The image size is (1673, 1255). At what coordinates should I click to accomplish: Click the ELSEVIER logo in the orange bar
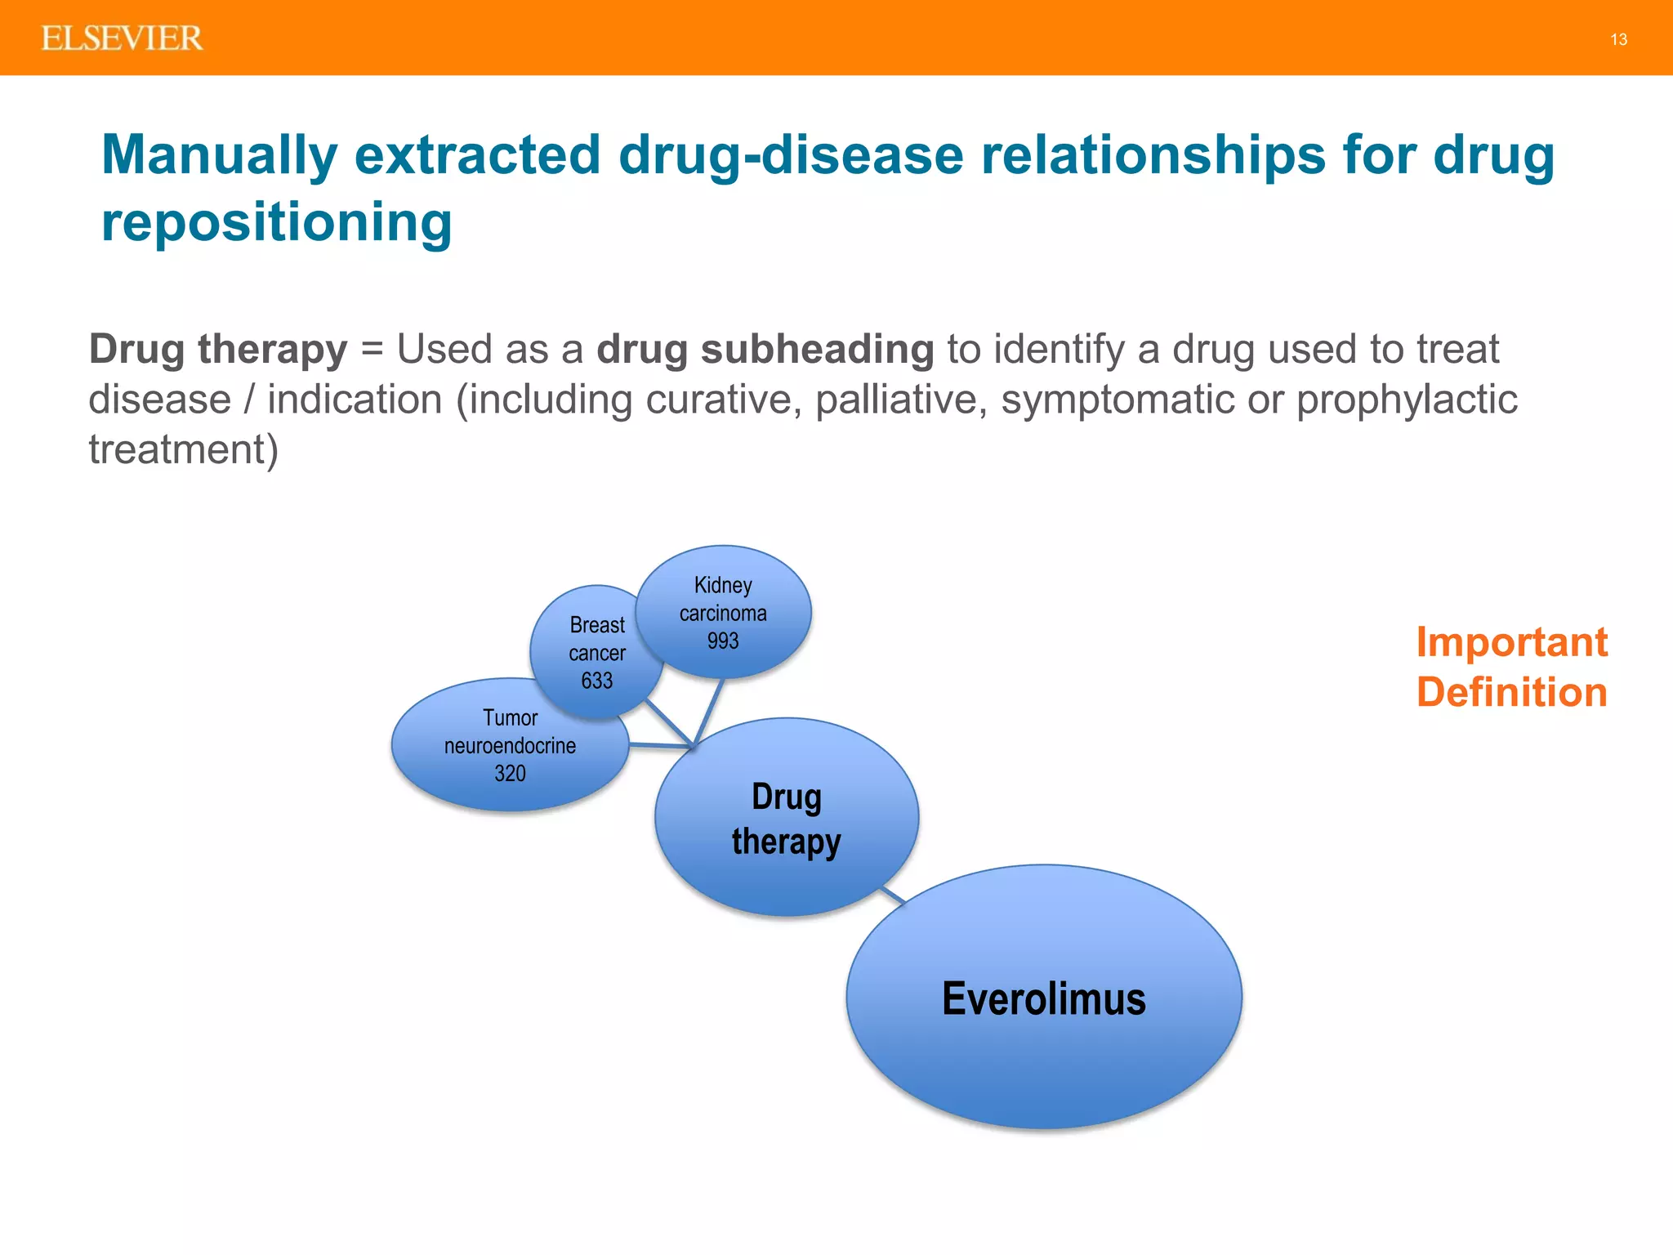[x=122, y=38]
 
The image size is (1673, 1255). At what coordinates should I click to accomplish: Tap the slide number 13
[x=1618, y=39]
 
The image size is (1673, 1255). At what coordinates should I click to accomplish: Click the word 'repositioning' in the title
[x=276, y=222]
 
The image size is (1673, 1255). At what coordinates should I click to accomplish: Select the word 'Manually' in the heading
[x=219, y=154]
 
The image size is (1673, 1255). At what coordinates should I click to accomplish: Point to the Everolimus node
[x=1043, y=998]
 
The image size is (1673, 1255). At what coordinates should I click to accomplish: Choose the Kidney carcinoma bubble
[x=723, y=601]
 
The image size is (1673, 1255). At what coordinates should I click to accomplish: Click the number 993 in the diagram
[x=723, y=641]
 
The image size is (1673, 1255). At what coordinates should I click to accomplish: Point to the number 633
[x=596, y=680]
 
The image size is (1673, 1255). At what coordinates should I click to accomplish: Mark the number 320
[x=510, y=773]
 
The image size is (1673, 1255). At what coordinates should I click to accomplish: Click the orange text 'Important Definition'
[x=1510, y=667]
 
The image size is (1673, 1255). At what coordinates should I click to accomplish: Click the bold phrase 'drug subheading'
[x=765, y=350]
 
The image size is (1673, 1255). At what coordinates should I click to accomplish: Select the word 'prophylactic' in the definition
[x=1406, y=400]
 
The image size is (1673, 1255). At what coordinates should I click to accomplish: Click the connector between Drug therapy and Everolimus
[x=892, y=896]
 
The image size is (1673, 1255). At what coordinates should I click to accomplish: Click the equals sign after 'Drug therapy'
[x=372, y=350]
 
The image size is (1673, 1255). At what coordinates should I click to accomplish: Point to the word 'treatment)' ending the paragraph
[x=183, y=449]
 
